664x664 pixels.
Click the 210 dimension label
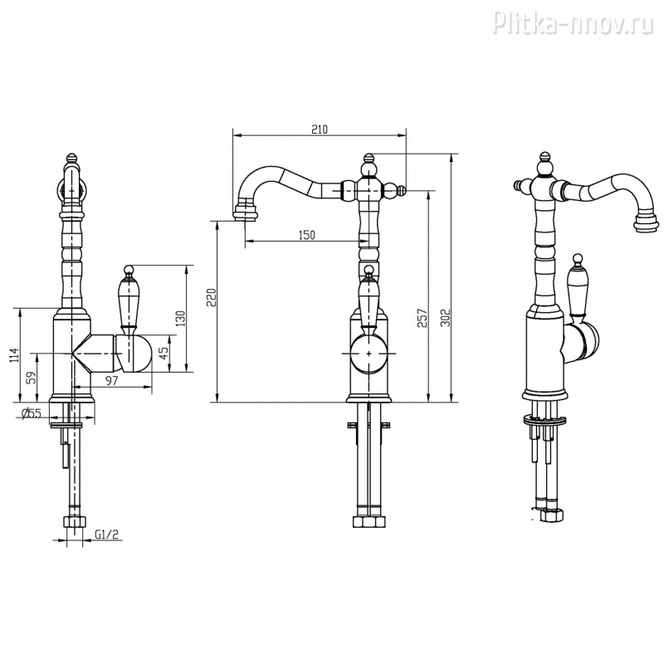point(320,129)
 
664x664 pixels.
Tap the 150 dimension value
point(306,235)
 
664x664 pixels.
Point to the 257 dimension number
point(422,318)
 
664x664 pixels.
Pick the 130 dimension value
point(180,319)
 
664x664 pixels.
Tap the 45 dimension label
point(164,351)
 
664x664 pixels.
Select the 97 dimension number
point(111,381)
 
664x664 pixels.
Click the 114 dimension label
point(15,355)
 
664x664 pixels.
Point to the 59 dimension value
point(31,378)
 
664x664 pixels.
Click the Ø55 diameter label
point(32,413)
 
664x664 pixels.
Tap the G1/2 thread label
point(106,535)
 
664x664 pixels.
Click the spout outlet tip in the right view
point(647,222)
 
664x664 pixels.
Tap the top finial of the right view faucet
point(545,161)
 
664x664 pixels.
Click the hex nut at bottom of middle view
point(369,521)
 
